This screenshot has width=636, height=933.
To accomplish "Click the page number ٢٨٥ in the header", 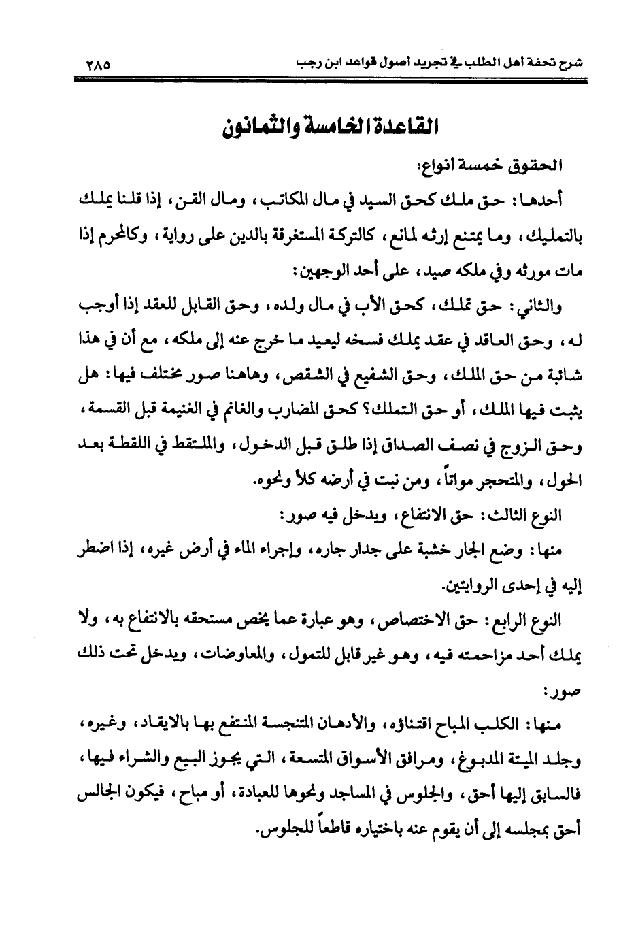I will [x=98, y=66].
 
